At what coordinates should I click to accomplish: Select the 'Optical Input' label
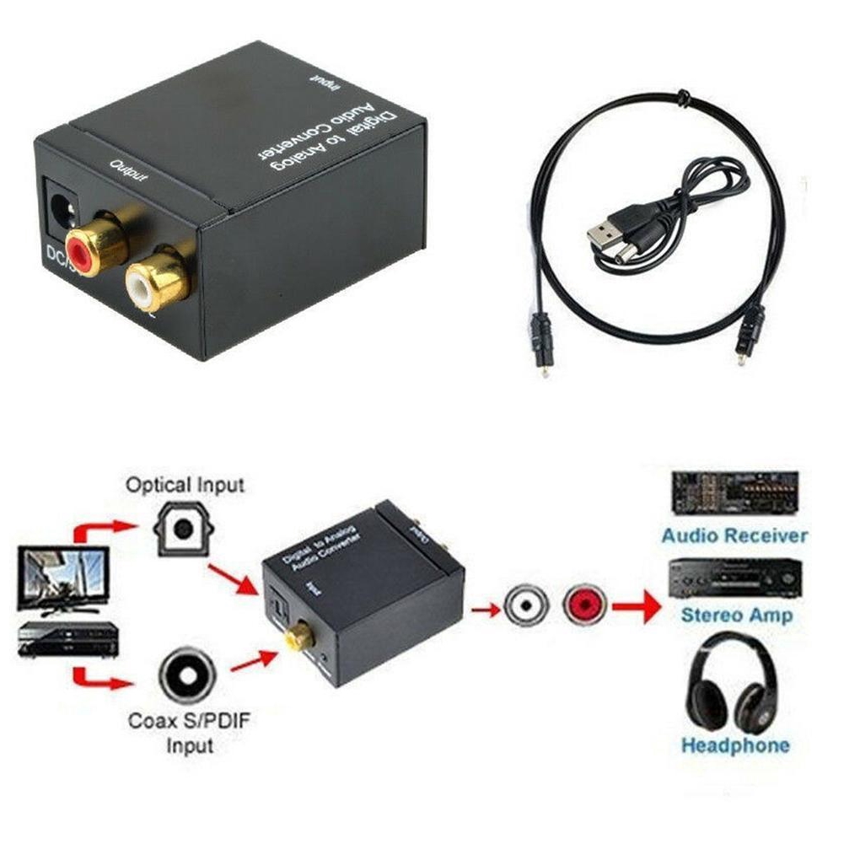click(x=185, y=485)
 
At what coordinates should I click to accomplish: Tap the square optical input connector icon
click(x=182, y=529)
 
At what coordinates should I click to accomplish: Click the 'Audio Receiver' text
click(x=734, y=535)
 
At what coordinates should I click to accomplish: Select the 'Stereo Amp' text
click(x=736, y=616)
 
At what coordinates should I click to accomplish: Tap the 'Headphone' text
click(x=735, y=745)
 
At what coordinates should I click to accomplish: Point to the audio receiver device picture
click(x=734, y=493)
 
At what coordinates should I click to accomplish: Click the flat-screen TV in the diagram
click(x=63, y=578)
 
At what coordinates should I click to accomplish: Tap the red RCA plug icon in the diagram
click(x=584, y=605)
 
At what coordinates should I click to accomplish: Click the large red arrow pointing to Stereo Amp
click(x=637, y=605)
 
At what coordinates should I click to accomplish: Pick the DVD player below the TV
click(x=66, y=640)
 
